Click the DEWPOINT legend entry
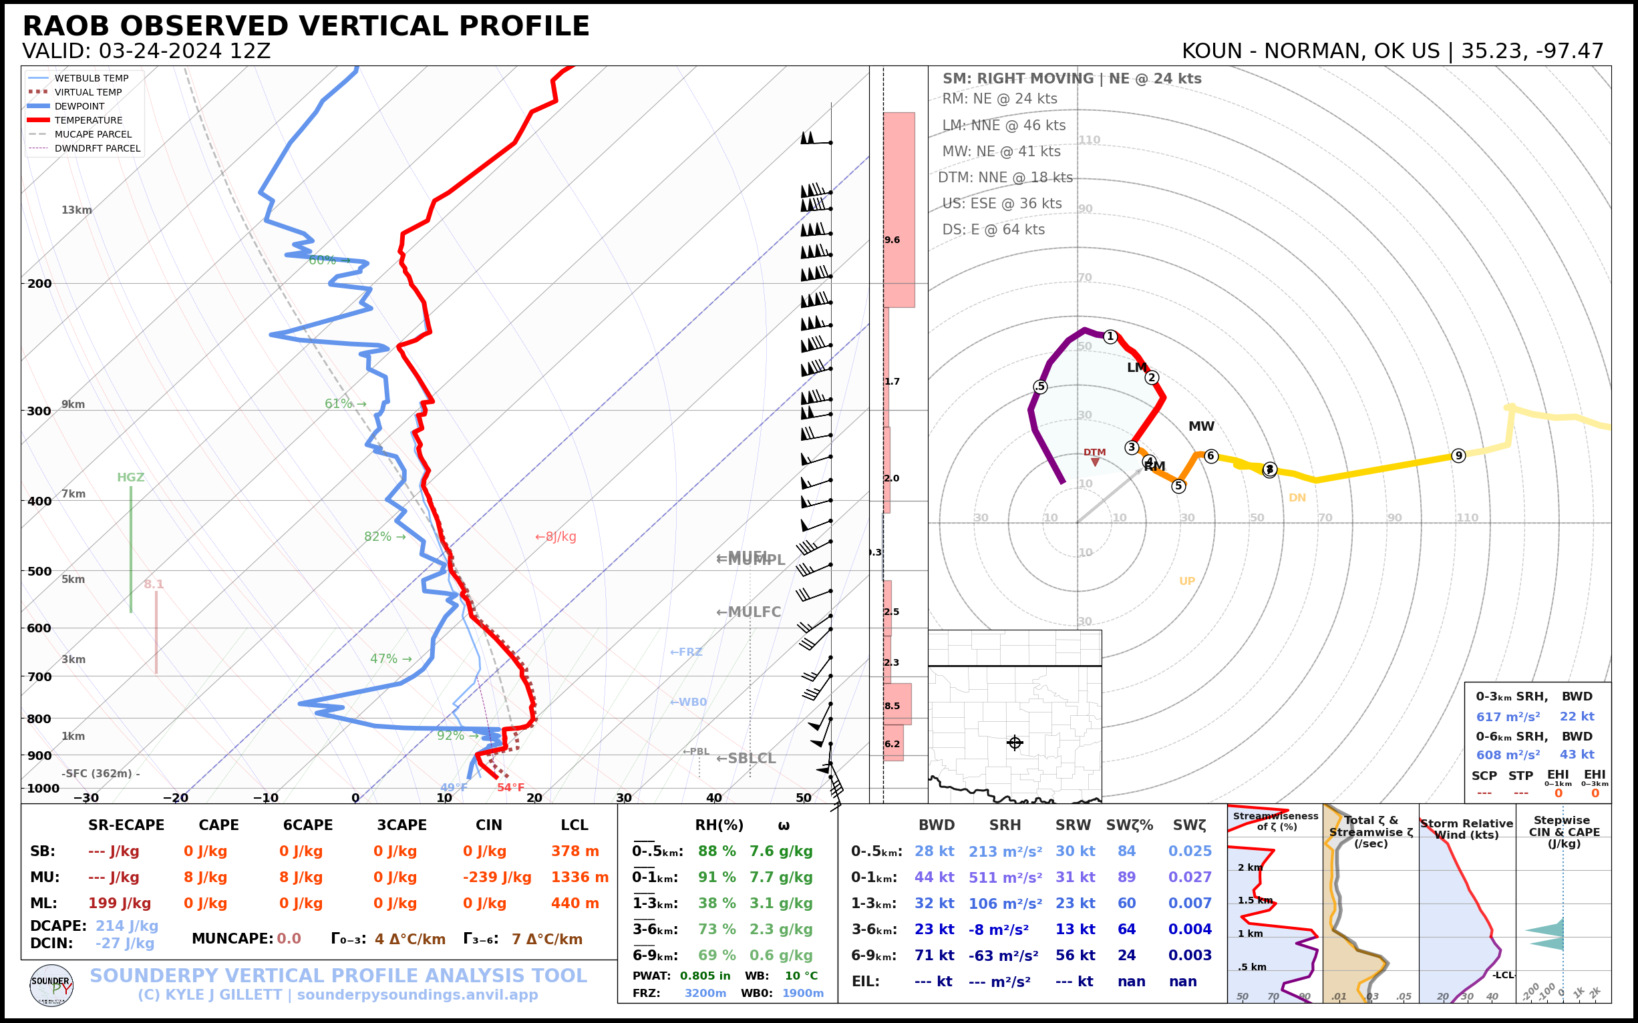click(x=79, y=106)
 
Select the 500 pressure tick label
click(x=39, y=571)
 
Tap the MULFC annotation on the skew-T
click(x=749, y=612)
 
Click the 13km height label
click(x=76, y=210)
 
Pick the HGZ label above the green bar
click(x=131, y=477)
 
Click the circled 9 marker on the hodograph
click(x=1458, y=455)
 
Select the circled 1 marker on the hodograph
click(x=1110, y=337)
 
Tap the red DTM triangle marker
click(x=1095, y=462)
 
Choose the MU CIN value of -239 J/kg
click(x=497, y=877)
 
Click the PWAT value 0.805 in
click(x=705, y=976)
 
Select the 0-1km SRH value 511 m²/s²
click(x=1005, y=877)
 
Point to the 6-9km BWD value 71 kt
click(x=934, y=956)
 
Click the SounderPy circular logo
click(x=51, y=985)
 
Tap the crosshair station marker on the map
click(x=1015, y=743)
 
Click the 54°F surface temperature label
click(x=510, y=787)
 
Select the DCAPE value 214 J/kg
click(x=126, y=926)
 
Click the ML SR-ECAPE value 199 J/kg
click(x=119, y=903)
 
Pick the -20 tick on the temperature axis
click(x=175, y=799)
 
